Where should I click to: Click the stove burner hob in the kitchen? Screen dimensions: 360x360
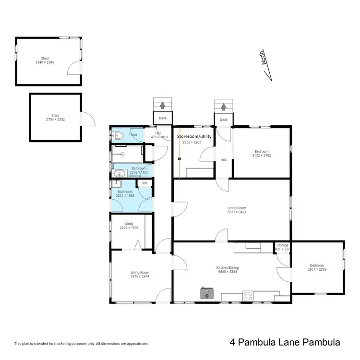(x=248, y=296)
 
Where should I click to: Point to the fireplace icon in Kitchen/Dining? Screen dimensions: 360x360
(x=207, y=293)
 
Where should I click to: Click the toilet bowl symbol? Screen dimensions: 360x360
(x=119, y=136)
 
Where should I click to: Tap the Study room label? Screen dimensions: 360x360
(x=129, y=223)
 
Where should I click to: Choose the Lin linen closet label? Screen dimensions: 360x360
(x=145, y=183)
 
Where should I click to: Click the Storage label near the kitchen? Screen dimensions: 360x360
(x=283, y=245)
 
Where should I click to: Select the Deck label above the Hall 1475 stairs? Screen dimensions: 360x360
(x=163, y=118)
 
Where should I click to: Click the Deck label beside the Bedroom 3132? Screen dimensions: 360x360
(x=223, y=120)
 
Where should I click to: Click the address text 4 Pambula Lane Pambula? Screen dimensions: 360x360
(x=285, y=343)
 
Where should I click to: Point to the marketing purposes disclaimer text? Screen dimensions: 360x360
(x=81, y=344)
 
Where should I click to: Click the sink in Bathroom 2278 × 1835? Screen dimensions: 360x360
(x=120, y=173)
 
